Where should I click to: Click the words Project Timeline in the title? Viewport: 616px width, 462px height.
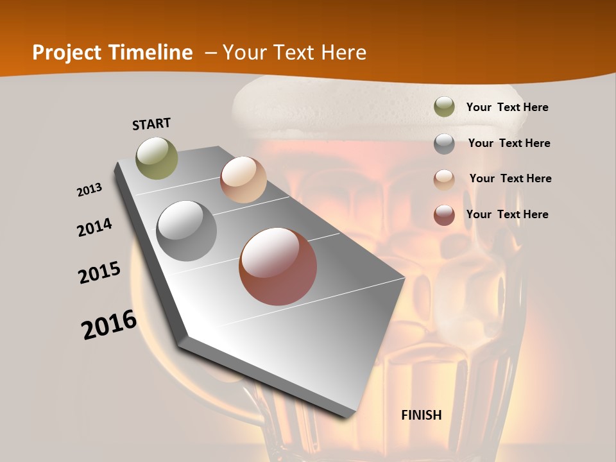click(x=112, y=53)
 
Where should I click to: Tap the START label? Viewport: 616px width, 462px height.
click(x=151, y=124)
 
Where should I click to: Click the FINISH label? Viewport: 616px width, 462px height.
click(x=422, y=415)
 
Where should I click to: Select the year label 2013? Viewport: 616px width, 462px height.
click(x=90, y=189)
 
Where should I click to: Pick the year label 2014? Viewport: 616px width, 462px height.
click(x=94, y=227)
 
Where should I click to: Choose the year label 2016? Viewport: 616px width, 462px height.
click(x=109, y=324)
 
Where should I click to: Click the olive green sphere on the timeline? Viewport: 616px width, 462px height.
click(x=157, y=158)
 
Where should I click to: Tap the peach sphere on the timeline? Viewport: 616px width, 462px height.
click(x=243, y=180)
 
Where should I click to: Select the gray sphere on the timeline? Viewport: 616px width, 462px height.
click(x=187, y=231)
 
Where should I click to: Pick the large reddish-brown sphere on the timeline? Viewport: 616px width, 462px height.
click(x=278, y=266)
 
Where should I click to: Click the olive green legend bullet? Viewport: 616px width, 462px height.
click(x=444, y=107)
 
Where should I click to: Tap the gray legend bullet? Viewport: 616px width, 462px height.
click(x=444, y=144)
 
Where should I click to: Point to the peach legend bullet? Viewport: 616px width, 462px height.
click(x=444, y=179)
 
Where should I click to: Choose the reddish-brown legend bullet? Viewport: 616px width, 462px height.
click(x=444, y=215)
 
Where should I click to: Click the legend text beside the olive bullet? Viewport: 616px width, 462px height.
click(x=507, y=107)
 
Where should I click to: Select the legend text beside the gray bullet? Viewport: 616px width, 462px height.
click(x=509, y=143)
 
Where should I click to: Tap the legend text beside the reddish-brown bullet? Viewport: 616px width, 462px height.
click(x=507, y=214)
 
